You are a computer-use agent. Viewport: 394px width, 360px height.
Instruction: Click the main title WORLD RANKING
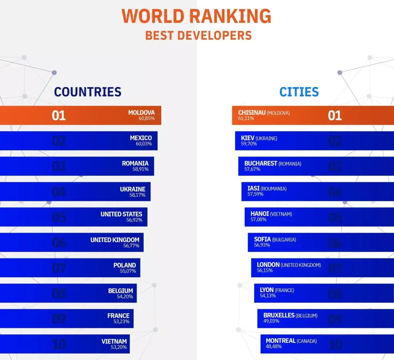tap(197, 16)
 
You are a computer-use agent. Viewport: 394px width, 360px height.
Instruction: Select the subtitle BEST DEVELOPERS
tap(198, 35)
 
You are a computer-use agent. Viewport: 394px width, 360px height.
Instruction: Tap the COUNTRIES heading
tap(87, 92)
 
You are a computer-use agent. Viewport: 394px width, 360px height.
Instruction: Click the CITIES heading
tap(299, 92)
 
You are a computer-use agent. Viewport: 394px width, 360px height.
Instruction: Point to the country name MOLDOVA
tap(141, 113)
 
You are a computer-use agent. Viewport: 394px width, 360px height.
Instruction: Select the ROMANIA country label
tap(135, 163)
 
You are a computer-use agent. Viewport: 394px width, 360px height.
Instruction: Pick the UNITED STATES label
tap(121, 214)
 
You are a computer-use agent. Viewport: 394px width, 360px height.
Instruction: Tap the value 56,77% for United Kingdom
tap(131, 245)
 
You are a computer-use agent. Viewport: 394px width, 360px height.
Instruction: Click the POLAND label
tap(124, 265)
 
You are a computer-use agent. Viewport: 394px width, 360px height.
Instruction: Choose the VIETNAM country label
tap(114, 341)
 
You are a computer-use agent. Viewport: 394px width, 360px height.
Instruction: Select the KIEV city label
tap(248, 138)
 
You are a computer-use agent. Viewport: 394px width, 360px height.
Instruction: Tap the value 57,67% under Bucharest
tap(252, 169)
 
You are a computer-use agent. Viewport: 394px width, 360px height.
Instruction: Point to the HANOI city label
tap(259, 214)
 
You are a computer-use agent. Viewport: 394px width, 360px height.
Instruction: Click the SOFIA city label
tap(262, 239)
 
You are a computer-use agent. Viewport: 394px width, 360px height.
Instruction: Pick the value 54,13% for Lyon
tap(268, 295)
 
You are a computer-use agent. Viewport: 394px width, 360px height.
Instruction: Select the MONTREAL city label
tap(280, 341)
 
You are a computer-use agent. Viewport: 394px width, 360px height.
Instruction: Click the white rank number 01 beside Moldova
tap(59, 116)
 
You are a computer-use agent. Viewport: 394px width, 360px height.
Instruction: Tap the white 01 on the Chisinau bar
tap(335, 116)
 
